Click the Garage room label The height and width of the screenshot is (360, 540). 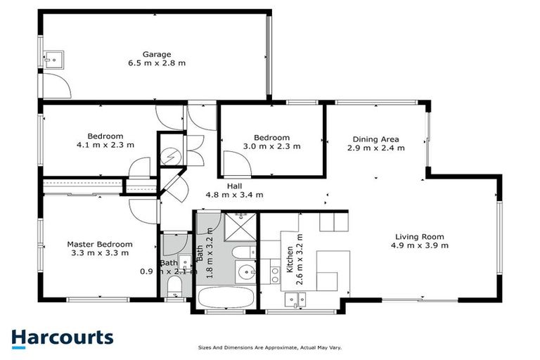[157, 54]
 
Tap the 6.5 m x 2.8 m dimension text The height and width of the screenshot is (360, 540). [157, 64]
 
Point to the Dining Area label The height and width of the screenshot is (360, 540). [375, 139]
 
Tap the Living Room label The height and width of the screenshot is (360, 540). [420, 236]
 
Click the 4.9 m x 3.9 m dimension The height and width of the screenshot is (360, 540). [420, 246]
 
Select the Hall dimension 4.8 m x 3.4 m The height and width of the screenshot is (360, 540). [234, 195]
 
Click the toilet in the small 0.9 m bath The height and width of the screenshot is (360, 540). [175, 286]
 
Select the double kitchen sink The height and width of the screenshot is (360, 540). [295, 300]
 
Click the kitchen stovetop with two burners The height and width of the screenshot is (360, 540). [334, 222]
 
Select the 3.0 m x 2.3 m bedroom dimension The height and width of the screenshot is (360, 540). [271, 147]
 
